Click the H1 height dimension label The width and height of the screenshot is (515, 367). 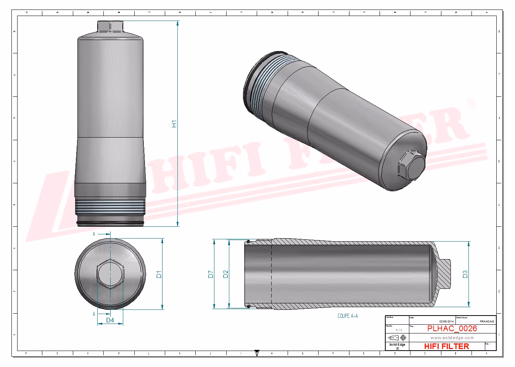[174, 123]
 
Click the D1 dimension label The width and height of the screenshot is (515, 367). [159, 274]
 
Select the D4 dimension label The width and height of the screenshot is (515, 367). [110, 320]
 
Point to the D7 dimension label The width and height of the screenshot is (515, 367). [211, 274]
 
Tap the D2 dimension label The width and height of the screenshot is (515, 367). [225, 274]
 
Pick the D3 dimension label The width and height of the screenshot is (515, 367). [465, 274]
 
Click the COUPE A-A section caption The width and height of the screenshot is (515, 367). [348, 316]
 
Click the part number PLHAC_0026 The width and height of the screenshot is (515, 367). [452, 329]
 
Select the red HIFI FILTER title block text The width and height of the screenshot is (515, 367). [446, 346]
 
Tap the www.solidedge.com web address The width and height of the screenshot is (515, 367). [452, 338]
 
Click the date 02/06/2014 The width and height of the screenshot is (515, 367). [446, 321]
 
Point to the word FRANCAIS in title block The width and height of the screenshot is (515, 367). [487, 321]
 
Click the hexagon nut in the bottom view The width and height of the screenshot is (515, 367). [110, 274]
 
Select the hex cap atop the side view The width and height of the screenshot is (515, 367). [110, 26]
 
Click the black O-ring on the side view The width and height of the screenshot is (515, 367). [110, 223]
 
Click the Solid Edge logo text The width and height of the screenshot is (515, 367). [397, 345]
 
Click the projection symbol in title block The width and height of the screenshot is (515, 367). [397, 338]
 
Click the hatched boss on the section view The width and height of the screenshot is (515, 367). [443, 274]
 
